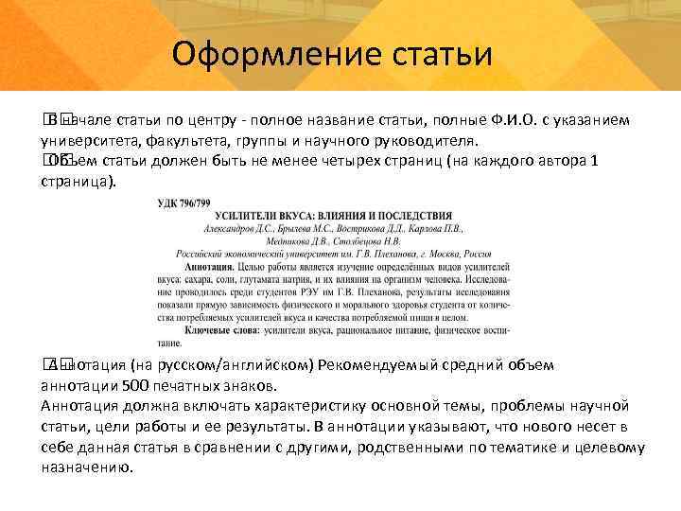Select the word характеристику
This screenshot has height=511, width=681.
pyautogui.click(x=317, y=406)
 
